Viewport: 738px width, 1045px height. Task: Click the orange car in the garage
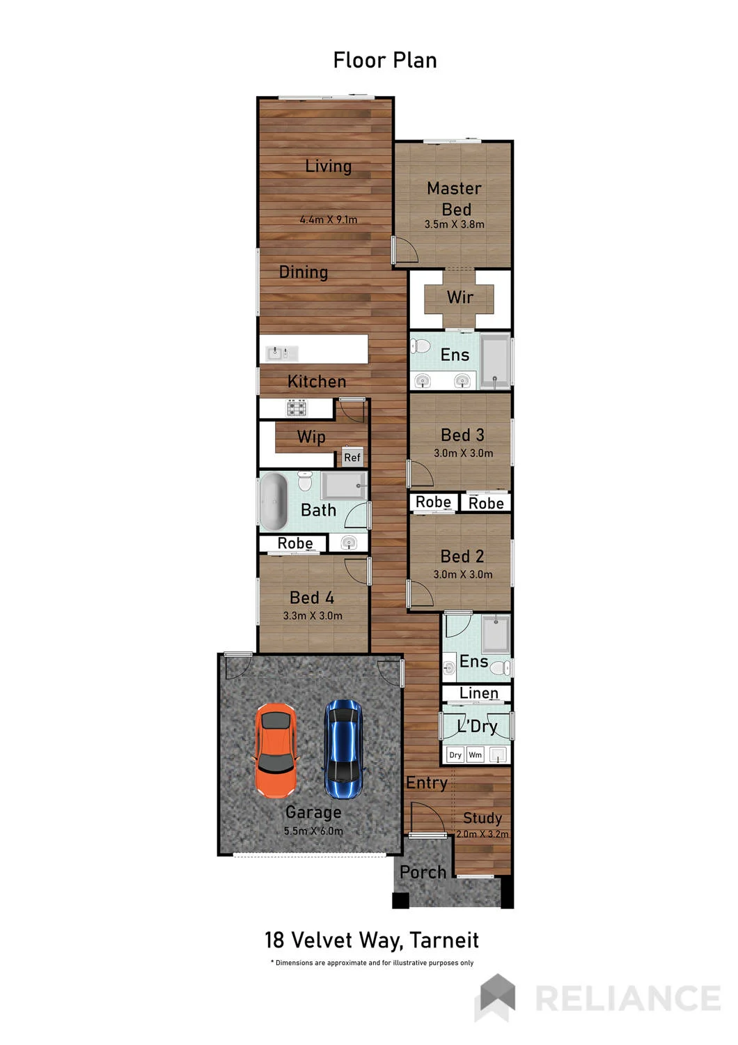274,750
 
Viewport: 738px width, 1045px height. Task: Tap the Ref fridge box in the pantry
352,457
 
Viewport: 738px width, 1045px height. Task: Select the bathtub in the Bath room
273,502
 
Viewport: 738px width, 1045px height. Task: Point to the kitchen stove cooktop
297,408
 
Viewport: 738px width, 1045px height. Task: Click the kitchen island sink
281,353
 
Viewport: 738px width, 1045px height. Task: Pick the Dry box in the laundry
455,754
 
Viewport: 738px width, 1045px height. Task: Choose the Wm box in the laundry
475,754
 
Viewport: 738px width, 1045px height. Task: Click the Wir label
460,297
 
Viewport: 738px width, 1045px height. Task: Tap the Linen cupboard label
478,692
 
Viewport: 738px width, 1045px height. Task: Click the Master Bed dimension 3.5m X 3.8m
454,224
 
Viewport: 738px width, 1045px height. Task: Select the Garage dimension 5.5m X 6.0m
313,831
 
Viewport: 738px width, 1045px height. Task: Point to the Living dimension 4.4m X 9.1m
329,219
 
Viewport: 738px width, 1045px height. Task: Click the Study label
482,818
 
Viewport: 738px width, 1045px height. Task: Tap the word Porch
423,872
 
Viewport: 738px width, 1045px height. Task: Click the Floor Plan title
384,61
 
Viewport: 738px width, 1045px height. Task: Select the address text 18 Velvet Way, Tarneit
372,940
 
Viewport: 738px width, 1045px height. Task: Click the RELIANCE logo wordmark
627,999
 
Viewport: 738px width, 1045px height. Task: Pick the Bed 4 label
311,598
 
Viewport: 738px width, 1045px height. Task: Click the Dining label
303,272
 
